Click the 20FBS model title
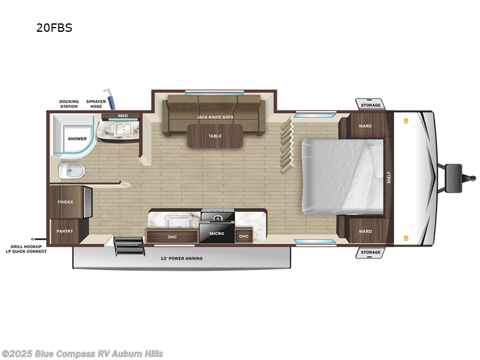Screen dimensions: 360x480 click(x=54, y=28)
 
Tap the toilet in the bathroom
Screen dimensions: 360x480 click(x=71, y=171)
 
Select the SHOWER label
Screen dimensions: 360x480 click(x=77, y=139)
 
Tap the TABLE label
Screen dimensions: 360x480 click(x=215, y=136)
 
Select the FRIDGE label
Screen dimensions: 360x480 click(x=65, y=202)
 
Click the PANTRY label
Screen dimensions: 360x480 click(x=65, y=231)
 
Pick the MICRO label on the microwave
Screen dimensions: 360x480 click(x=217, y=233)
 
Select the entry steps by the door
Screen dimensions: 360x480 click(x=126, y=246)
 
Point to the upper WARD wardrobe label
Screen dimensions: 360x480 click(x=365, y=127)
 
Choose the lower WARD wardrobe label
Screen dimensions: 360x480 click(x=365, y=231)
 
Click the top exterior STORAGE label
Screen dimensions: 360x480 click(x=370, y=106)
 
